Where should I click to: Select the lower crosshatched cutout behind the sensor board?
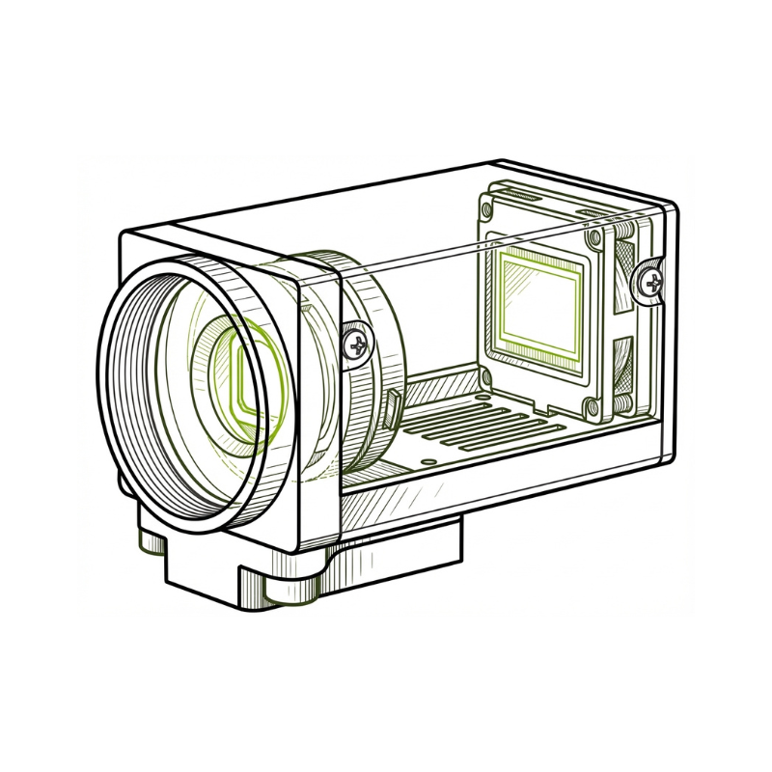pos(623,357)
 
